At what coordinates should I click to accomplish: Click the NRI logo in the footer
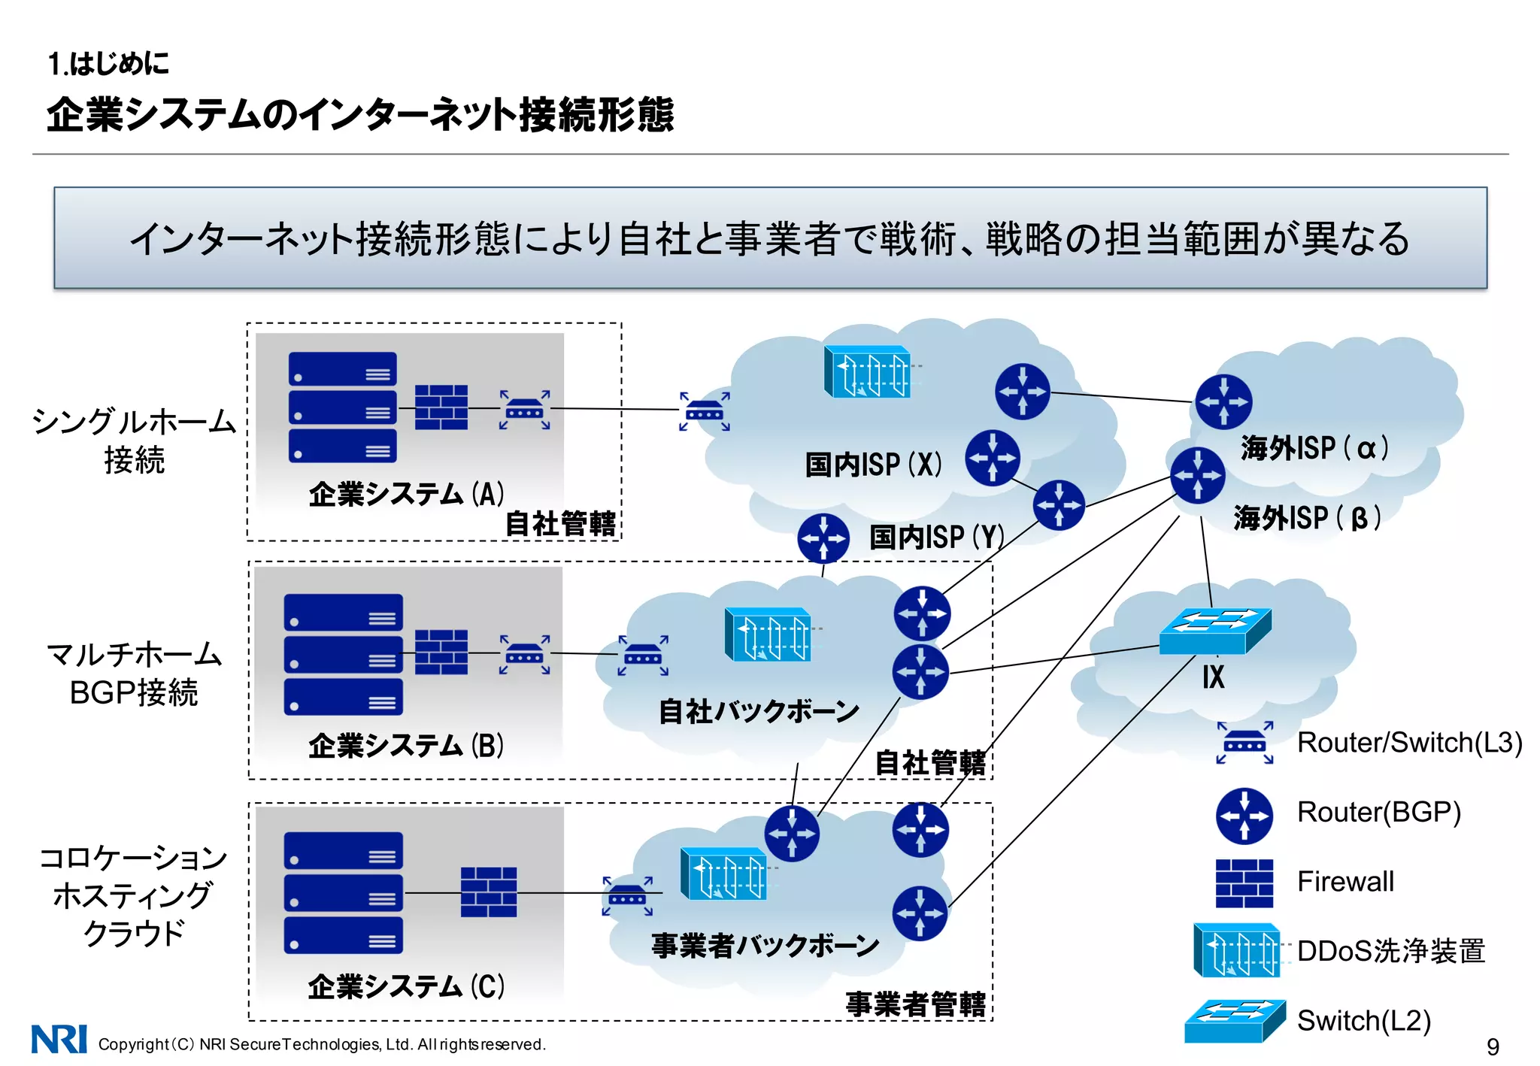(59, 1039)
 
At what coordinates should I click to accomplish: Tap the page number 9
(1493, 1046)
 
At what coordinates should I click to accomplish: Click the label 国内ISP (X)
(873, 465)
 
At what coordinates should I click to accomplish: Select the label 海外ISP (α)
(1314, 448)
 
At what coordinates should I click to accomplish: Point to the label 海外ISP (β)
(1307, 518)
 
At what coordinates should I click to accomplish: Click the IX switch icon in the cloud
(1214, 631)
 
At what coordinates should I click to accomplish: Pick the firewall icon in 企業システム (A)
(441, 407)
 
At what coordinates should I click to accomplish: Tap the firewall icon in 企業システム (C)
(489, 892)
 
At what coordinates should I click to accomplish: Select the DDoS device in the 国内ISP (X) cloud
(868, 371)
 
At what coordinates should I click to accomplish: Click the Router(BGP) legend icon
(1244, 815)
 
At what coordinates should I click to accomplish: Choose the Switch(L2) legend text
(1363, 1021)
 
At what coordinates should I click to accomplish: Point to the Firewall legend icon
(1244, 883)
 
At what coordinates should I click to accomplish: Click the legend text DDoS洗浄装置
(1390, 951)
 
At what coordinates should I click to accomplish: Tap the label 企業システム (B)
(406, 746)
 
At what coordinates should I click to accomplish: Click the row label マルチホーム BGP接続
(134, 674)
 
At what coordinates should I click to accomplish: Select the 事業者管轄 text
(915, 1004)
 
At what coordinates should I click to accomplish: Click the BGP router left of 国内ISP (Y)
(823, 538)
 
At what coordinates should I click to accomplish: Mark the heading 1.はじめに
(109, 64)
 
